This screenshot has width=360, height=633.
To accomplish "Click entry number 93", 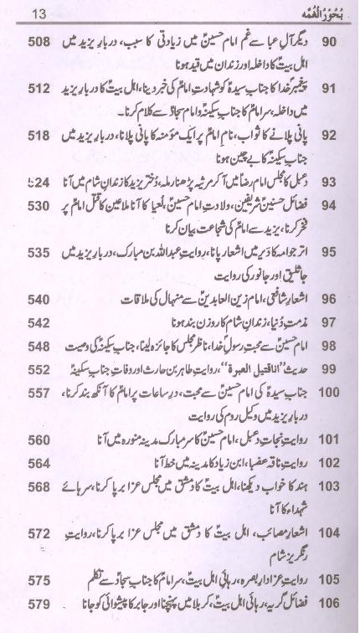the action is click(x=328, y=181).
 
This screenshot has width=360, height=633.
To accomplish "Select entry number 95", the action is click(x=328, y=251).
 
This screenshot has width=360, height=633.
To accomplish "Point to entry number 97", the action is click(x=328, y=322).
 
